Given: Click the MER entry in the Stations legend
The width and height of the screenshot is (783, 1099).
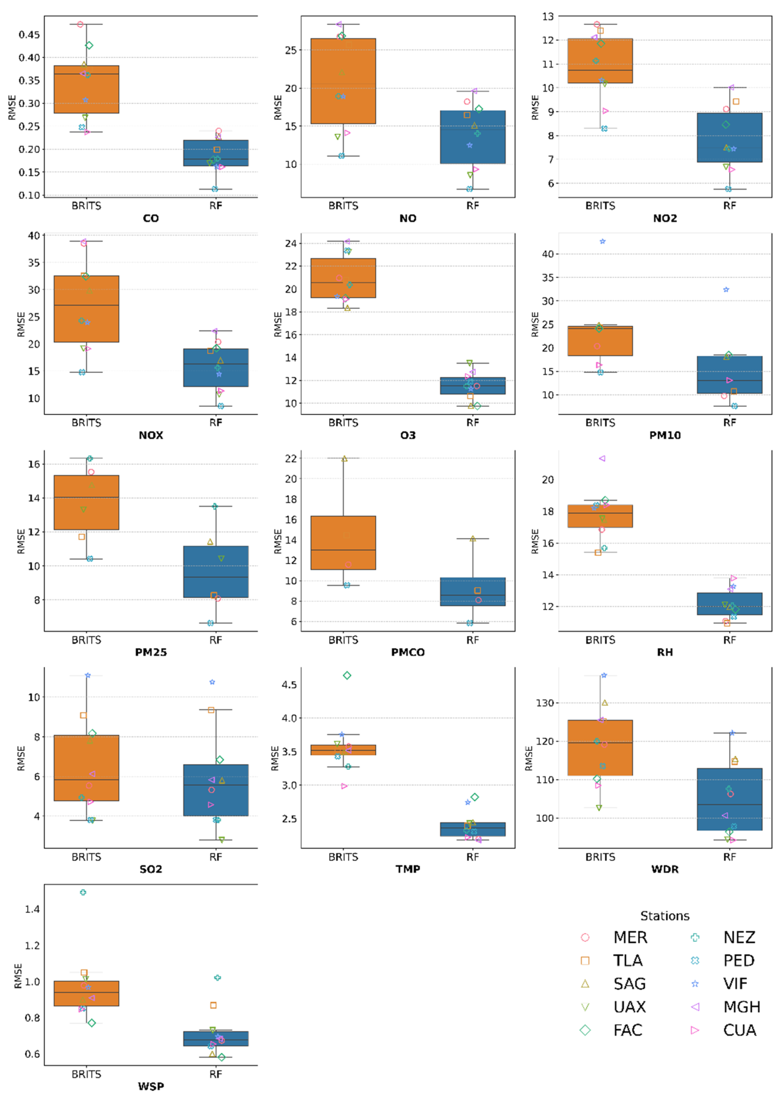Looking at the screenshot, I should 630,937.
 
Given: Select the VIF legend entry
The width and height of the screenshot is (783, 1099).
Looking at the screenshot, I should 735,984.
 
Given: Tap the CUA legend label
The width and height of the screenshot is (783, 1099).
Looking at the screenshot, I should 739,1030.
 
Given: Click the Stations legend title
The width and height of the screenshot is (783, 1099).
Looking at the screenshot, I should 664,916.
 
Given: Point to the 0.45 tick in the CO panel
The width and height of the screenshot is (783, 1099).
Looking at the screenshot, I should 29,35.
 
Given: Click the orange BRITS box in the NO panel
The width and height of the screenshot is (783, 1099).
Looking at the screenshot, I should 343,81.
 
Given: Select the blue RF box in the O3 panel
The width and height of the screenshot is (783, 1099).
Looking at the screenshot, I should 473,385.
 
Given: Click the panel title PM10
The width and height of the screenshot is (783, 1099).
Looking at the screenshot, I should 664,435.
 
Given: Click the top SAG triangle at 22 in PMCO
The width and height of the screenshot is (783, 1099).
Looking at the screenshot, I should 344,459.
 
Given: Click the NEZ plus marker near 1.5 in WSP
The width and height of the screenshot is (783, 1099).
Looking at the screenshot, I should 83,893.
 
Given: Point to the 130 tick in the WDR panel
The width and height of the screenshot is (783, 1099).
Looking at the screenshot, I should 545,703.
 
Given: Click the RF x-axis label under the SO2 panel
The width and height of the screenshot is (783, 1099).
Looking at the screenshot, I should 215,857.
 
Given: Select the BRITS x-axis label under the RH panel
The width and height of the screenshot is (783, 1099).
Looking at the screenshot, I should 600,640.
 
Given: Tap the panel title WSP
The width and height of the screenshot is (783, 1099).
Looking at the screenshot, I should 151,1086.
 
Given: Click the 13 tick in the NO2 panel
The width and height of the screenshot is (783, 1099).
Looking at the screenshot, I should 548,16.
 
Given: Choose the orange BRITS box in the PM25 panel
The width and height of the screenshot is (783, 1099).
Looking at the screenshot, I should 86,502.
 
